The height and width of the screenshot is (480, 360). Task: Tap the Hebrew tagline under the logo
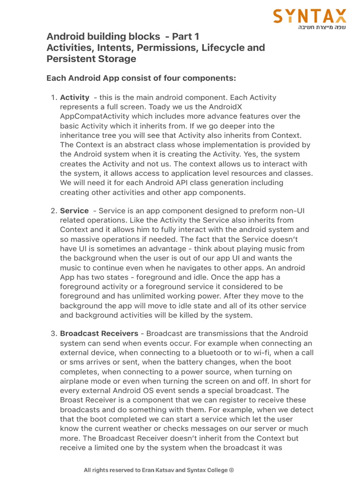(322, 28)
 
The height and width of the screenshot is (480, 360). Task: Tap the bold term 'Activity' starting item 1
(75, 97)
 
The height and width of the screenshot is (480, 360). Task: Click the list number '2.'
(53, 211)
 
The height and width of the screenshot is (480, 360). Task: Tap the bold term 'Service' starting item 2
(74, 211)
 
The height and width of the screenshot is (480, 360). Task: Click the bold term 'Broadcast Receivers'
(99, 334)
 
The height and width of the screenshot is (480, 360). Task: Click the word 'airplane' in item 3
(75, 381)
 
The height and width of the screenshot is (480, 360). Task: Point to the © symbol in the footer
(231, 470)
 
